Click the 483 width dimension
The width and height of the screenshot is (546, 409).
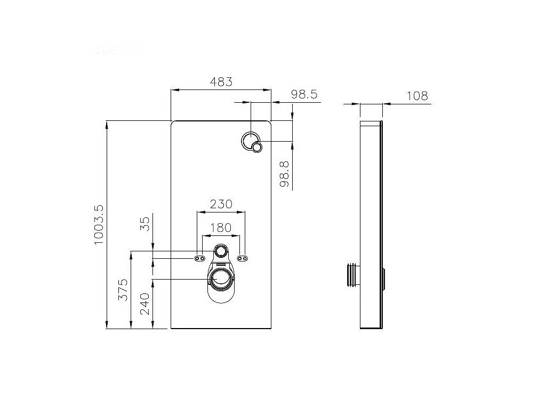(221, 81)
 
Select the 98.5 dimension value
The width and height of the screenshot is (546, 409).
(304, 94)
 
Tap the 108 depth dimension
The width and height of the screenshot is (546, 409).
(417, 95)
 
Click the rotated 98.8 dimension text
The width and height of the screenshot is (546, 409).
(285, 174)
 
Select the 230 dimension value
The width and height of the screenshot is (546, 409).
(221, 204)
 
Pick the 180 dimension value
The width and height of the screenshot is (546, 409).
(221, 227)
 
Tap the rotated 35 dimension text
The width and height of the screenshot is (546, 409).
(144, 223)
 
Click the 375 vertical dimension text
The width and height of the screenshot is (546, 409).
(123, 289)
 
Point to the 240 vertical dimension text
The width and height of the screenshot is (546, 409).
(144, 304)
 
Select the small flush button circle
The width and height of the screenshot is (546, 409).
(258, 148)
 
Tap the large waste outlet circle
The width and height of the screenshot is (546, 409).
(220, 279)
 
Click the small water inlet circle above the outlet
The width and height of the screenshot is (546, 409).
(221, 250)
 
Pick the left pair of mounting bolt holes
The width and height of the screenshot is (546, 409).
(199, 258)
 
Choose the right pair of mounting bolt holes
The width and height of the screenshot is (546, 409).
(243, 258)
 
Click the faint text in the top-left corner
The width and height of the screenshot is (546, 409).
(118, 51)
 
